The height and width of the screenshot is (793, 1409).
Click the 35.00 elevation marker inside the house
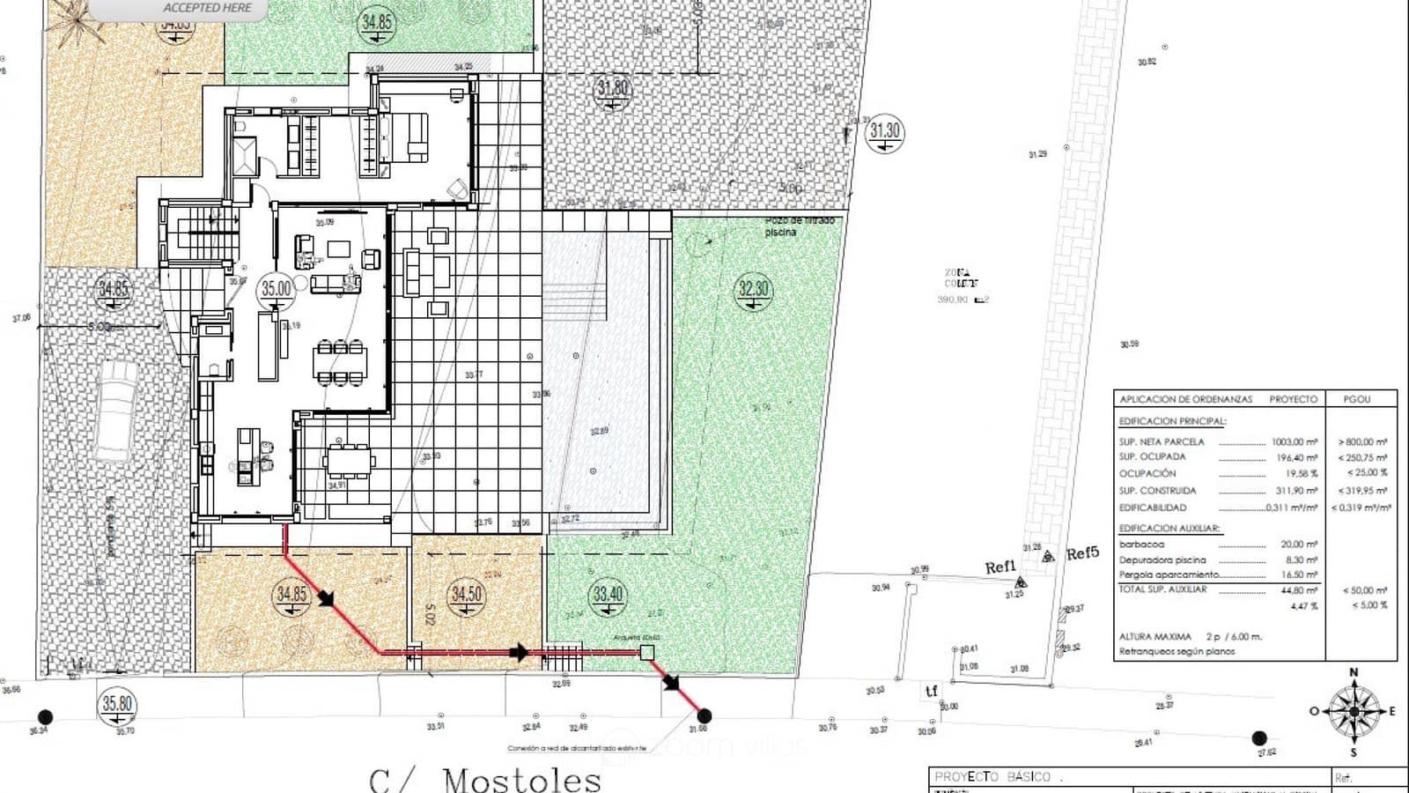(x=276, y=289)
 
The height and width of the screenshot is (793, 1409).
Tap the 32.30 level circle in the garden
(x=753, y=289)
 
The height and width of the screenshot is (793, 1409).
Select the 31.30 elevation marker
(x=884, y=132)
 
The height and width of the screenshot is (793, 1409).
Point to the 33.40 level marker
(x=608, y=594)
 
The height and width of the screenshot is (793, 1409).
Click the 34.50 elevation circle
(x=467, y=594)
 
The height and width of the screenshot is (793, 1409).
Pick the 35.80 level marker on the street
(x=117, y=703)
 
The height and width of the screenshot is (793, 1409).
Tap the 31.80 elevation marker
(x=613, y=88)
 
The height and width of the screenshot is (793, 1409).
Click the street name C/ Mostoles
(x=485, y=779)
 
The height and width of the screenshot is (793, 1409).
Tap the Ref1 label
(x=1000, y=567)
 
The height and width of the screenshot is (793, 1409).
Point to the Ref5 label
(x=1082, y=553)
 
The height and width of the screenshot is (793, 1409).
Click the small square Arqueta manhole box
(x=647, y=652)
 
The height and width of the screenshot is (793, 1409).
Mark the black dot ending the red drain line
(x=704, y=716)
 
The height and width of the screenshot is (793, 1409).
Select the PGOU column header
(x=1357, y=399)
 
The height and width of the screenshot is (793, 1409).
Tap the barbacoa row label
(x=1141, y=545)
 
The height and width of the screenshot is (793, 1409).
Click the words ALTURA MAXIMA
(x=1154, y=636)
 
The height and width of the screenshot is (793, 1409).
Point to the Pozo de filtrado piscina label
(x=798, y=226)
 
